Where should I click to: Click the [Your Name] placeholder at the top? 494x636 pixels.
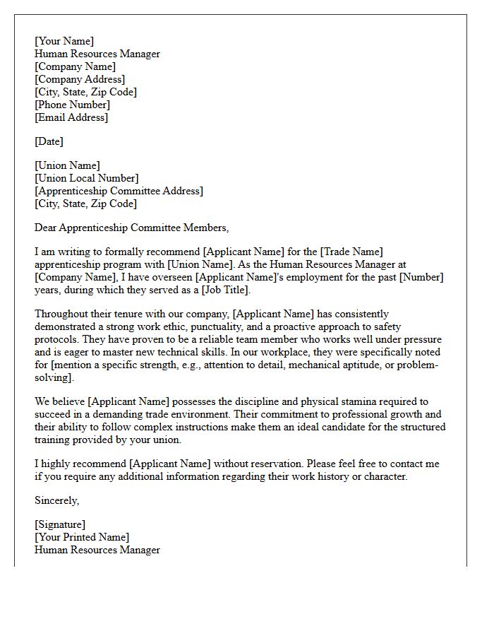(64, 41)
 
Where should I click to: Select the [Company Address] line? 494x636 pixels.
(80, 79)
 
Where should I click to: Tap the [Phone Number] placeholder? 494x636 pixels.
(72, 105)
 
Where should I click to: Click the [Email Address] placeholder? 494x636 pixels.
(71, 117)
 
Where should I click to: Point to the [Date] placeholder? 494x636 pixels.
(49, 141)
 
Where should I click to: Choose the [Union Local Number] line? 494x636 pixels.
(86, 178)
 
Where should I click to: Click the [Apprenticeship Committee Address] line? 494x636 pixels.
(119, 191)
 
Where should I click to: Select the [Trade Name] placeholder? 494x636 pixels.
(351, 252)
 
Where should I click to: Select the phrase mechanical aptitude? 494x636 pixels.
(335, 365)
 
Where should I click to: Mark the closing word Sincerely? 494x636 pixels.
(56, 500)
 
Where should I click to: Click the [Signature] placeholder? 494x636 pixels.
(60, 524)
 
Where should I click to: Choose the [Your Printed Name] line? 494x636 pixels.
(82, 537)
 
